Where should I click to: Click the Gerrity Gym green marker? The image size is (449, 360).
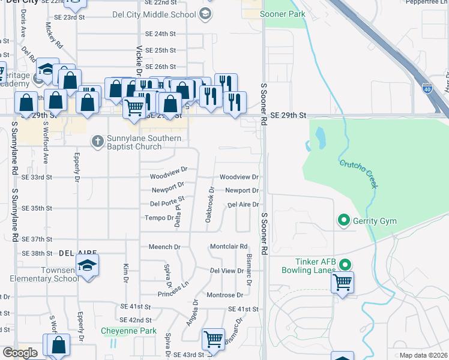(344, 221)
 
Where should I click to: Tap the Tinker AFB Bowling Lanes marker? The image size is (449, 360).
(345, 265)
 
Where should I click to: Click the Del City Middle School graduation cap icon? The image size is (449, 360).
(205, 14)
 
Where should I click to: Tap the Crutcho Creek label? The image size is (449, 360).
(359, 174)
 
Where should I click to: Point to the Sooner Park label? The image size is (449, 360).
(282, 14)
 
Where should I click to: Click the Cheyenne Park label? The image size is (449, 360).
(128, 331)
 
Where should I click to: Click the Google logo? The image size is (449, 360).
(20, 353)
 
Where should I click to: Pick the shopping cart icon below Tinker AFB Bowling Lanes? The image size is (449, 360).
(342, 281)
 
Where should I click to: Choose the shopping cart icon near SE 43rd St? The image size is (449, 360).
(213, 339)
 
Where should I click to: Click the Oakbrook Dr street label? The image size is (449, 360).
(210, 204)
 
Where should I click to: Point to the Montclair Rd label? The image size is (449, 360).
(229, 247)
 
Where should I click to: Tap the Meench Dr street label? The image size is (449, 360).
(164, 247)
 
